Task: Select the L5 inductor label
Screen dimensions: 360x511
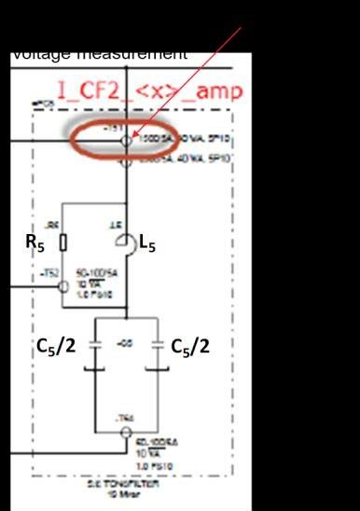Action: (x=147, y=243)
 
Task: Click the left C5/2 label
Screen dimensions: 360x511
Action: (x=57, y=347)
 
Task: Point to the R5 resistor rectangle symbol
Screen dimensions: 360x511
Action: (x=62, y=242)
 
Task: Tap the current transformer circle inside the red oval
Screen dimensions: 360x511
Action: (x=126, y=141)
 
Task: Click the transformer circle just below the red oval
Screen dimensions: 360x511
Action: (x=126, y=159)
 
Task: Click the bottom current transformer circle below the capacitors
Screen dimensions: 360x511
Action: (x=125, y=433)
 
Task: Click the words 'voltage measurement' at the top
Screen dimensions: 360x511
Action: (x=99, y=54)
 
